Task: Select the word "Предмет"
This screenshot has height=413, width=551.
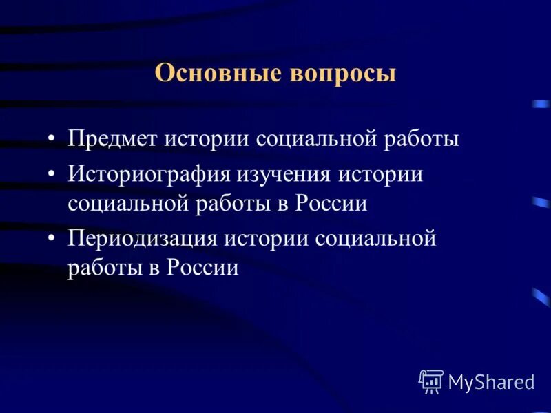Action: point(112,139)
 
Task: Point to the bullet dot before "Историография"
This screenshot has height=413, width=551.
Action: point(53,174)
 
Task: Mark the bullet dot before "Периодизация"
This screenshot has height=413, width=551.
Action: point(53,239)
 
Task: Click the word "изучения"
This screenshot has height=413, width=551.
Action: point(285,174)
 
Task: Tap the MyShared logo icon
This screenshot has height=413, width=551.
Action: point(431,381)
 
